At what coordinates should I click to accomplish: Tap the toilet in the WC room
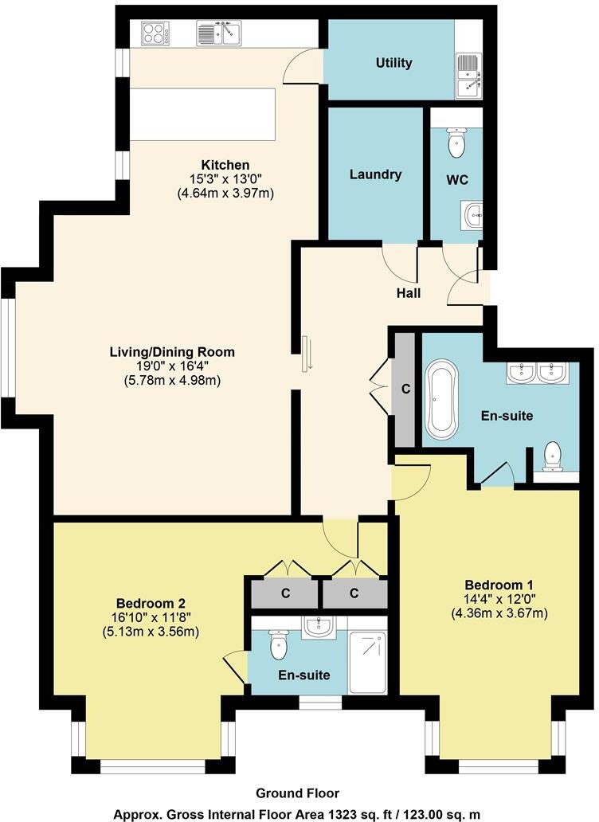456,143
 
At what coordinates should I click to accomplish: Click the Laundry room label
375,174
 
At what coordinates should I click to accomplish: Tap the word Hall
409,293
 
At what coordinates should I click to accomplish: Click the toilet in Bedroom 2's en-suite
278,644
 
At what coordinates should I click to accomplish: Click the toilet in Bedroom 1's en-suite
552,456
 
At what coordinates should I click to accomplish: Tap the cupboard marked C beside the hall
405,389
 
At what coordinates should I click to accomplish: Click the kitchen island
203,114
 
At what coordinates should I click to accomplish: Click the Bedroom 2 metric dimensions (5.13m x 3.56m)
151,632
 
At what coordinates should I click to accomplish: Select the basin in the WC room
472,213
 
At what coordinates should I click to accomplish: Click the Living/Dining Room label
172,351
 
